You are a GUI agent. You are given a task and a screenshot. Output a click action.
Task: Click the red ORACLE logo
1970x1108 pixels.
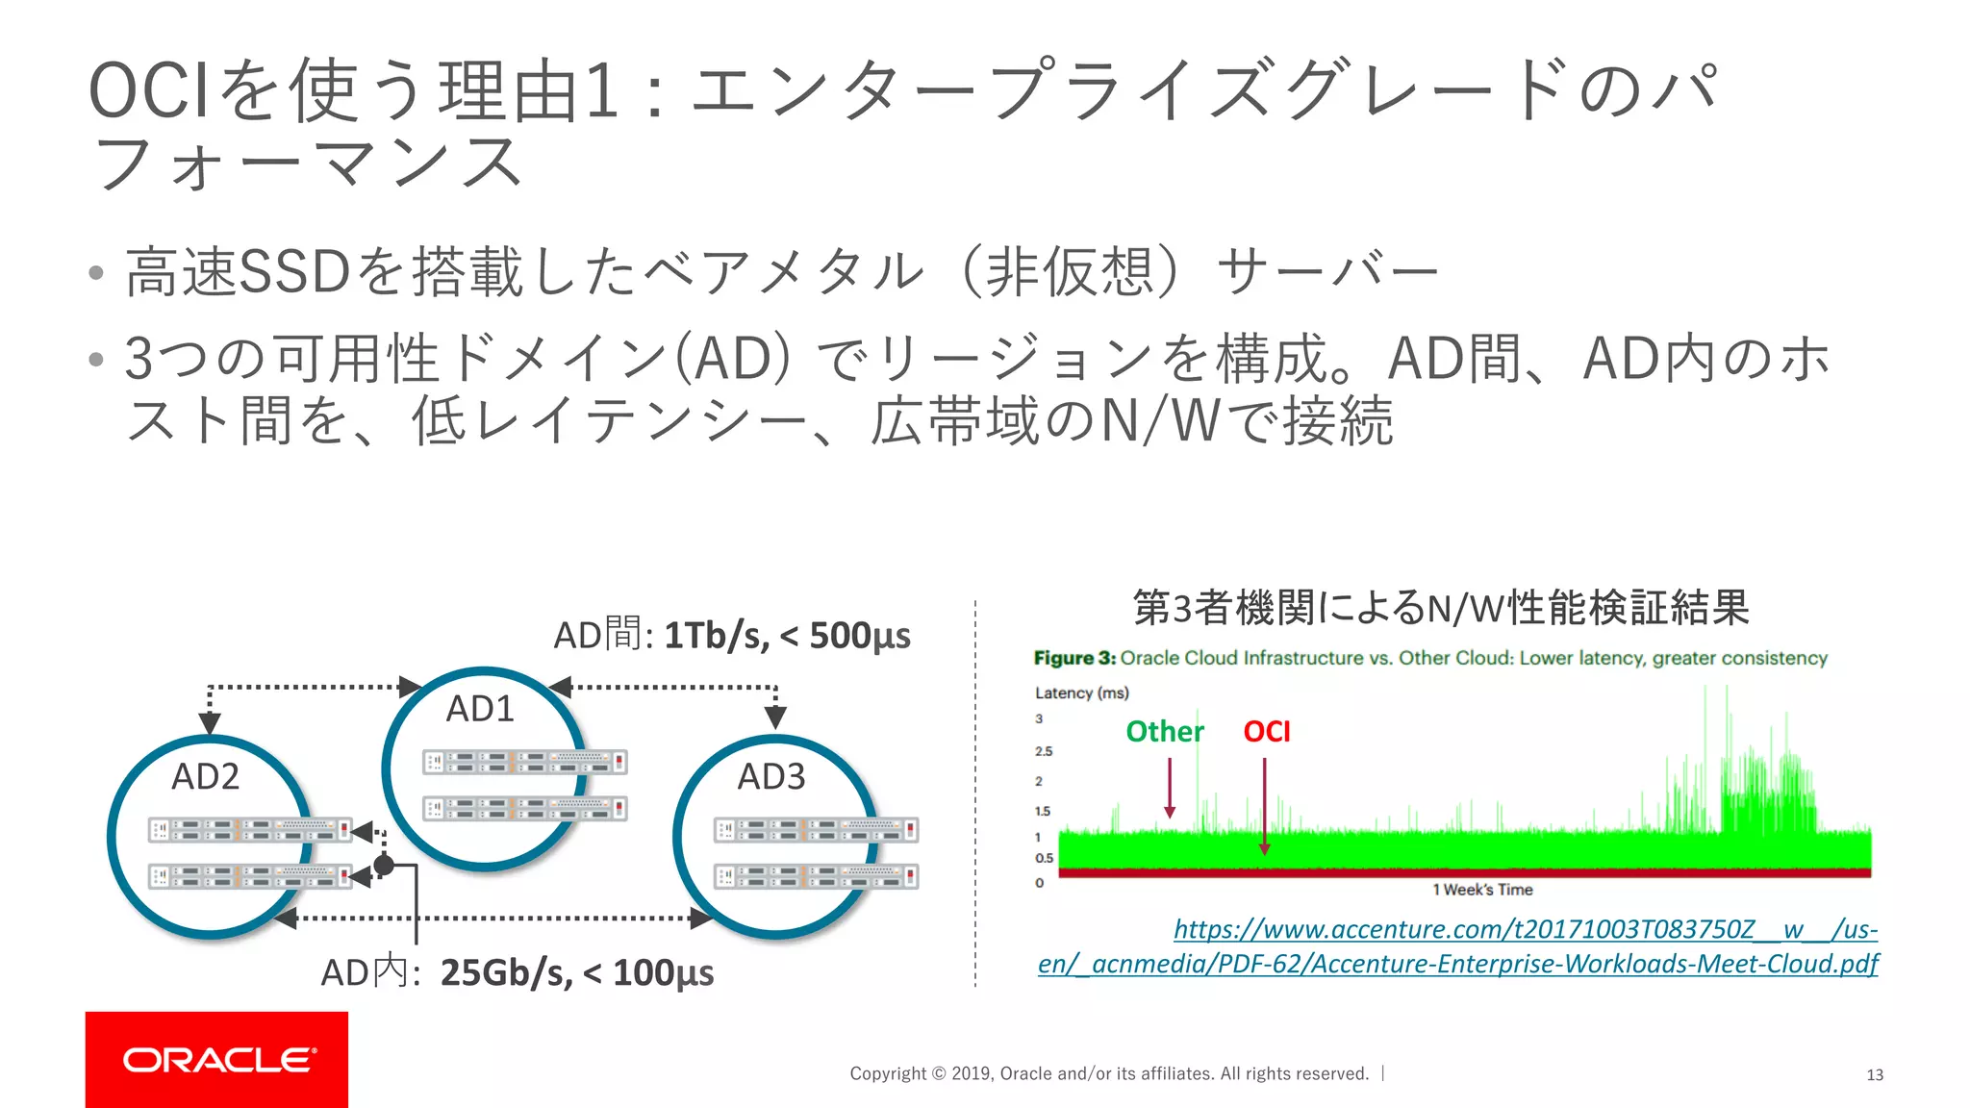216,1059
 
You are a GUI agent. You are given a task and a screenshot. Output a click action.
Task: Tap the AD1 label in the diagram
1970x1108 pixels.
480,709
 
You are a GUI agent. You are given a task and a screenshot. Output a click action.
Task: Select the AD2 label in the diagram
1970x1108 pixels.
205,776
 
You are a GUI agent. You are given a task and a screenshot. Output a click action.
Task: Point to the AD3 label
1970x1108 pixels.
770,776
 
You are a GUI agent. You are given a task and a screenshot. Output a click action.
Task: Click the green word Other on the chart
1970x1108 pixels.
1164,732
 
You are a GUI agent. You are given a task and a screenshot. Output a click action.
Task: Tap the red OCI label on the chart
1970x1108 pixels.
1266,732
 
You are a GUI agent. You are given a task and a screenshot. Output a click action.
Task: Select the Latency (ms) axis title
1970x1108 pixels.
1081,692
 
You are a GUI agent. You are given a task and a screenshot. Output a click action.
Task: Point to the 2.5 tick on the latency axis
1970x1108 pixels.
1044,751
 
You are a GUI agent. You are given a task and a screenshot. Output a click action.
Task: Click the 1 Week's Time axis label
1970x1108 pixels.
1482,890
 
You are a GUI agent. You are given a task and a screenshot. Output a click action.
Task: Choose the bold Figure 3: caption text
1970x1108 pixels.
1074,658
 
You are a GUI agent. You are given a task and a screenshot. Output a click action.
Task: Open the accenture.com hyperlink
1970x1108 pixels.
1525,930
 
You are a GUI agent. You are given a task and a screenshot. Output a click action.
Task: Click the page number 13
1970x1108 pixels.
1874,1074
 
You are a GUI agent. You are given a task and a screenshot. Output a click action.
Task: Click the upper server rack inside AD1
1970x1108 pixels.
524,763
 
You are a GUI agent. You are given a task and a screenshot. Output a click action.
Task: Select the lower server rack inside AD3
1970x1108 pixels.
816,876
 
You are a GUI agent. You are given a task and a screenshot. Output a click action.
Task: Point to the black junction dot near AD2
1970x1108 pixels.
384,866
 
